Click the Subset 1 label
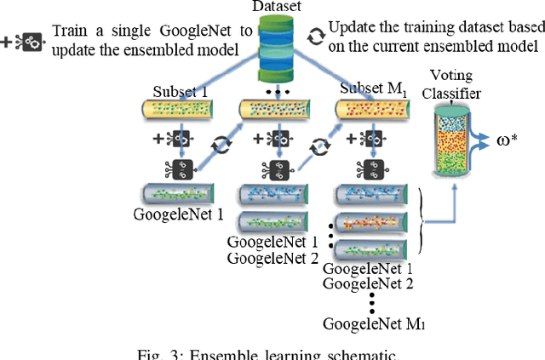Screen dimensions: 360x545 click(x=180, y=90)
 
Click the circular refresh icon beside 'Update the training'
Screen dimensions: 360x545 click(x=315, y=37)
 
